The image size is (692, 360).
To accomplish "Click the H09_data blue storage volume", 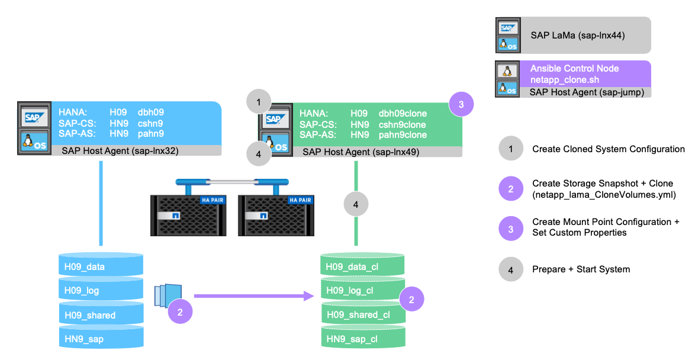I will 101,266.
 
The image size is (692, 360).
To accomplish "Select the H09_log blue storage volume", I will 101,291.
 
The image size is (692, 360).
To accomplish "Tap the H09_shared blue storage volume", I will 101,315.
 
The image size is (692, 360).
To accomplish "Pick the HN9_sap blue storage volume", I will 101,339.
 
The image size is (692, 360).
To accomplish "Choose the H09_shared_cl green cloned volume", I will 362,315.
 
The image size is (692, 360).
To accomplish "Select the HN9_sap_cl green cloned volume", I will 362,339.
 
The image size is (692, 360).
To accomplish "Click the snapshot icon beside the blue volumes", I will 167,294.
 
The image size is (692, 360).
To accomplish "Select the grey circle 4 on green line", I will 355,205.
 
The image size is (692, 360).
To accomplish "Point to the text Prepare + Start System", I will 581,269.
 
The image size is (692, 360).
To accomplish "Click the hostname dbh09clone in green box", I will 403,114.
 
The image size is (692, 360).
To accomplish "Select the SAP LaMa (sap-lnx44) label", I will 577,35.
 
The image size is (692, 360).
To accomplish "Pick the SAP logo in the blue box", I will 29,118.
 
